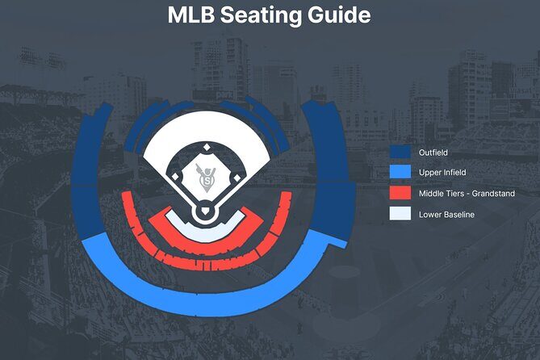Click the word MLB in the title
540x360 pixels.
[194, 15]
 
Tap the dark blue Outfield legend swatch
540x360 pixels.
[400, 152]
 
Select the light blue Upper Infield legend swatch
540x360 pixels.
[400, 173]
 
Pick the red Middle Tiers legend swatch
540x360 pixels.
[400, 194]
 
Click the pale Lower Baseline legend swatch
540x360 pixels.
[400, 215]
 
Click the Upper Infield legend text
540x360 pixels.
[442, 173]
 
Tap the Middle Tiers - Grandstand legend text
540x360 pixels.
[467, 194]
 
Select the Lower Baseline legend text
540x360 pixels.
[446, 215]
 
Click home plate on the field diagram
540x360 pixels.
[205, 212]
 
